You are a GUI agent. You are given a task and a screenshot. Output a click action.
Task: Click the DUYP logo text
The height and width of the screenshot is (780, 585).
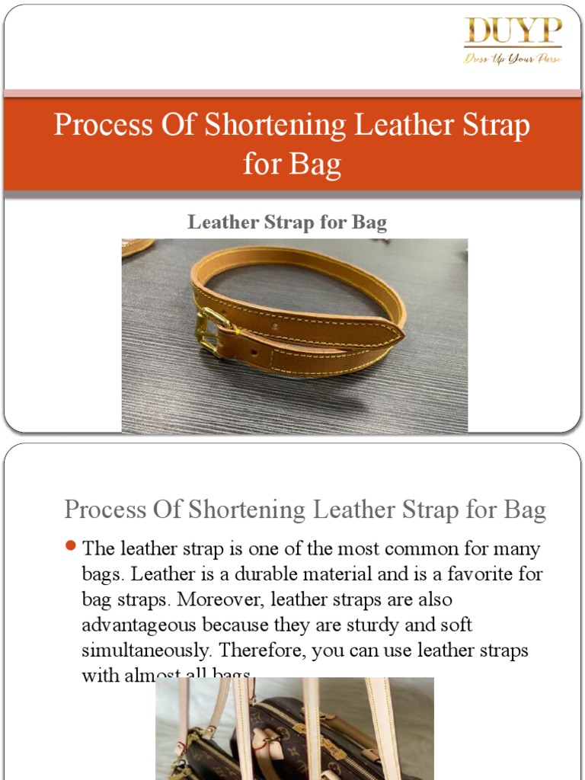[x=513, y=32]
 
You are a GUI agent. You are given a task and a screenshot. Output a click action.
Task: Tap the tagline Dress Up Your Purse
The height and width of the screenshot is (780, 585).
[x=513, y=58]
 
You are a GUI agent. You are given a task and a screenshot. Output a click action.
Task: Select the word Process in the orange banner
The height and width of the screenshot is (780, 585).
[x=101, y=125]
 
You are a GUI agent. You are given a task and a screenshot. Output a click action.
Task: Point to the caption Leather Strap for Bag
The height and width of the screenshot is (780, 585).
[x=287, y=222]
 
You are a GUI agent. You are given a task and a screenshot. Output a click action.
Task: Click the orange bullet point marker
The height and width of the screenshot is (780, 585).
[x=71, y=545]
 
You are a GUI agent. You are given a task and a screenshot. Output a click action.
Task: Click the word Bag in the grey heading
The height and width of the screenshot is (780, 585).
[x=525, y=510]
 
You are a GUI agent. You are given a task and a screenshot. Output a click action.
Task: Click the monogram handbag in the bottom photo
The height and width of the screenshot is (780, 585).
[x=289, y=743]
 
